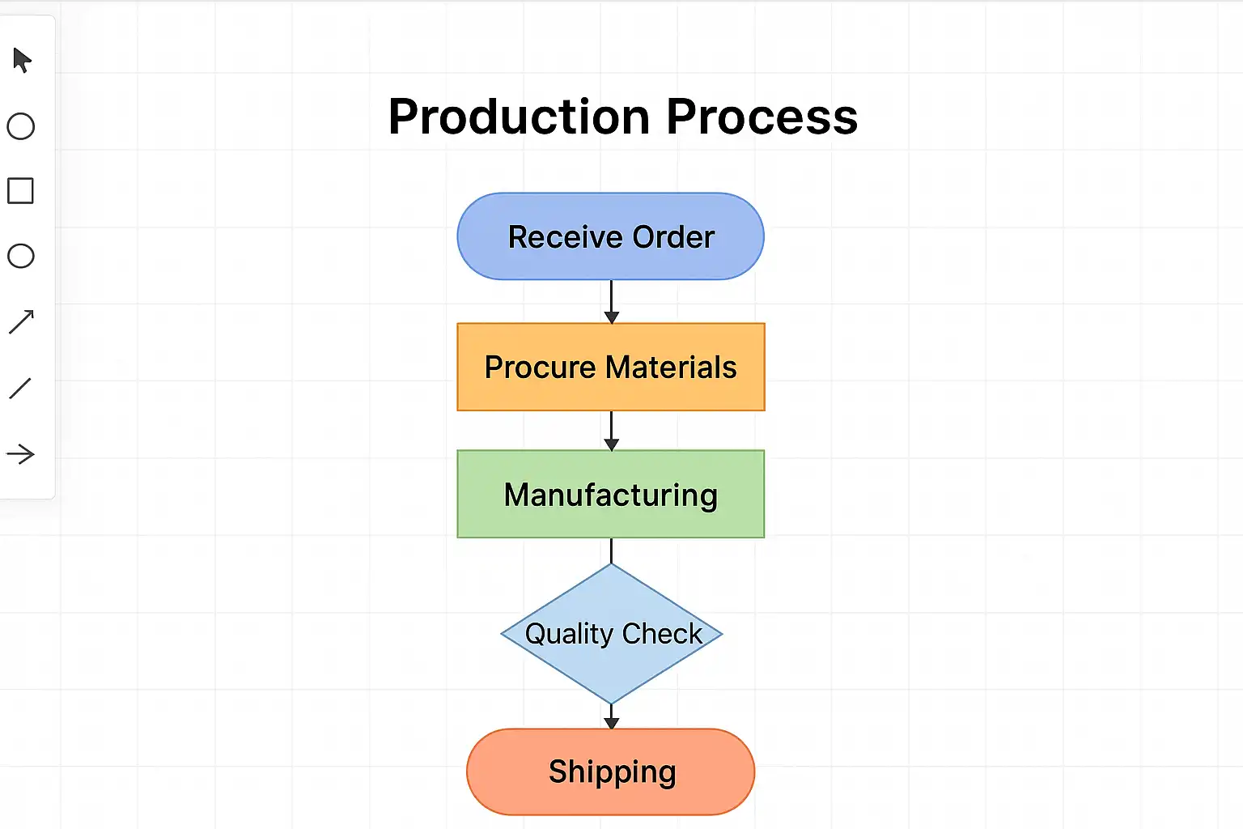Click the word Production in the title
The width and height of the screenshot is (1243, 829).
tap(519, 117)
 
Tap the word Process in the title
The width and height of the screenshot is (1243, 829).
tap(761, 117)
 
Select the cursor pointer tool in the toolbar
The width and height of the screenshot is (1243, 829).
tap(22, 60)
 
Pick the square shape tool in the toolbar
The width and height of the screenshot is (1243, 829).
tap(20, 191)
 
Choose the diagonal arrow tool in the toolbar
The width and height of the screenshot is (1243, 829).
tap(21, 321)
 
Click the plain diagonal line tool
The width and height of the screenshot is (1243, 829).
tap(20, 389)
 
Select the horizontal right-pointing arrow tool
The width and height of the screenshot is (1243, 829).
tap(20, 454)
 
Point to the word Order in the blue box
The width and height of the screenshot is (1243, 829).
tap(673, 237)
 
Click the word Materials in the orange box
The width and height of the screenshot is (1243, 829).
tap(672, 368)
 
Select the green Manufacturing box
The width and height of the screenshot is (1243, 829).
tap(611, 494)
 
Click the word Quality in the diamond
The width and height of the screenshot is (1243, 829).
tap(569, 633)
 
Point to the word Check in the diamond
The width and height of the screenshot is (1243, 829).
tap(662, 633)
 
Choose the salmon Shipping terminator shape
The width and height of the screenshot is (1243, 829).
tap(611, 772)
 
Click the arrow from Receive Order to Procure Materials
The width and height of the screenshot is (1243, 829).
tap(612, 301)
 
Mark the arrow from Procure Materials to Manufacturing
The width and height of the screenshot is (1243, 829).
tap(612, 430)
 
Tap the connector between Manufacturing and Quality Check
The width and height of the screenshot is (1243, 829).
tap(612, 551)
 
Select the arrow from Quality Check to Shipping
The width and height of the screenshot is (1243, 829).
tap(612, 716)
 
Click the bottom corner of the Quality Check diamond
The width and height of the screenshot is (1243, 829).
tap(613, 702)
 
